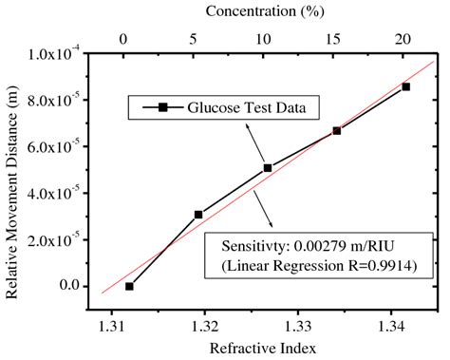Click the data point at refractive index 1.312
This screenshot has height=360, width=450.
(129, 286)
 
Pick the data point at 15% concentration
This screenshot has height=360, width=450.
(337, 130)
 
